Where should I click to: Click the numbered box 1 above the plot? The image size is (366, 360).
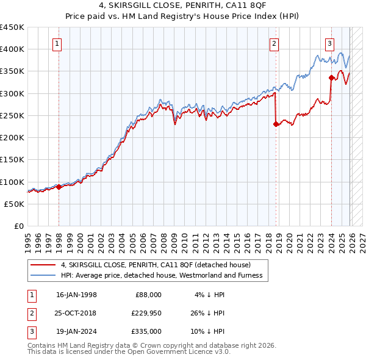57,43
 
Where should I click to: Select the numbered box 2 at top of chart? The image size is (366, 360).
274,43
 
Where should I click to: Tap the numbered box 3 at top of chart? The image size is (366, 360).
329,43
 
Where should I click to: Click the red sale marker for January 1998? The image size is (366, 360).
59,187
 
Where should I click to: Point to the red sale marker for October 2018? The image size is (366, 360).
276,124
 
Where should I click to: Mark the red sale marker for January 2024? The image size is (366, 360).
331,77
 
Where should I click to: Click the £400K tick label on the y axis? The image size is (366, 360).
12,49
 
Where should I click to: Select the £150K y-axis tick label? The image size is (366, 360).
12,160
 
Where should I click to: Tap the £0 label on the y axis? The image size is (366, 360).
18,226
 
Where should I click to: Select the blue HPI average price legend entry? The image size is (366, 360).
161,275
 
